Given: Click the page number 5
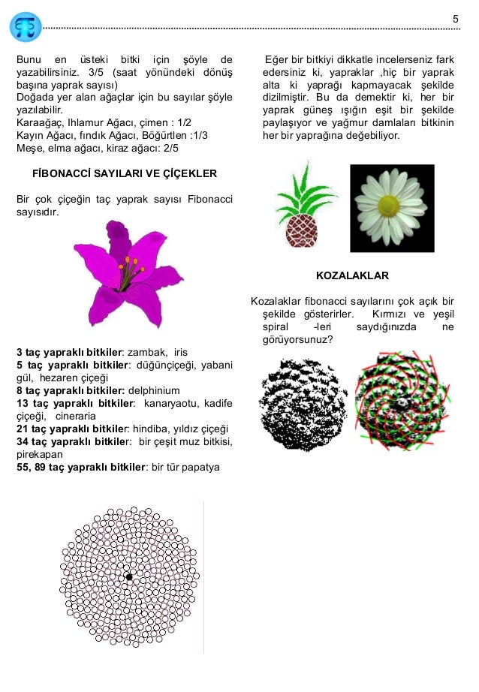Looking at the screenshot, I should pos(455,18).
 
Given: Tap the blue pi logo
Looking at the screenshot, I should pos(26,26).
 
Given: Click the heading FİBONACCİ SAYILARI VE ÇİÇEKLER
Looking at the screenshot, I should pos(125,173).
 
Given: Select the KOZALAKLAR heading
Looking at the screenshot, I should pos(353,275).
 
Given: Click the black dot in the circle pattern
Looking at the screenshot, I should pos(129,577).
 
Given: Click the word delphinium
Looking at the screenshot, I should pos(154,390).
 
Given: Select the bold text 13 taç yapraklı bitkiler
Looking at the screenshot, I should pos(74,404).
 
